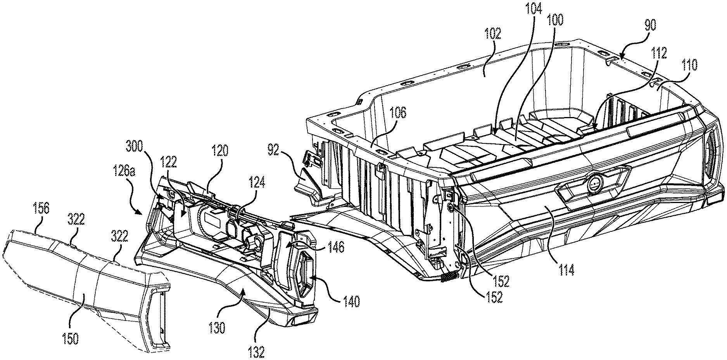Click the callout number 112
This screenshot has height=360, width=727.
pyautogui.click(x=659, y=53)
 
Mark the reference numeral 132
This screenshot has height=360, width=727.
pyautogui.click(x=256, y=352)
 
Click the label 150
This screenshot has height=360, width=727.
pyautogui.click(x=70, y=338)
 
